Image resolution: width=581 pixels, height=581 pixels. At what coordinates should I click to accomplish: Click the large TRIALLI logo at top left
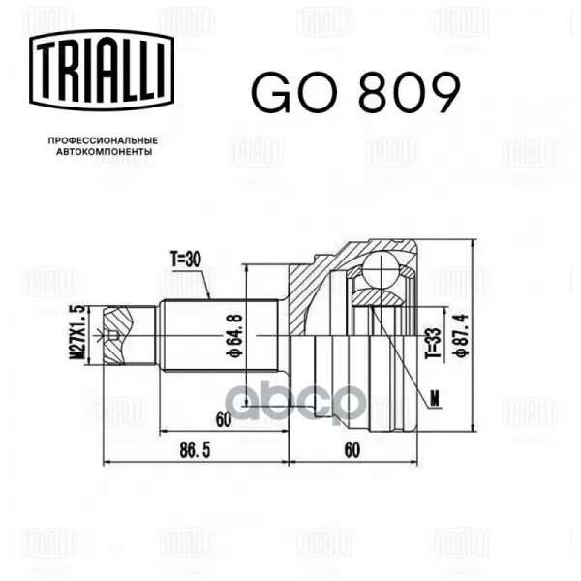click(x=102, y=70)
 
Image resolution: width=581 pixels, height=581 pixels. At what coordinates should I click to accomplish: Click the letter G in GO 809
click(x=271, y=92)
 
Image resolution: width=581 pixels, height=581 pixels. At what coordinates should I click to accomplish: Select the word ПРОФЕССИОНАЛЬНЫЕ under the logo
click(x=103, y=140)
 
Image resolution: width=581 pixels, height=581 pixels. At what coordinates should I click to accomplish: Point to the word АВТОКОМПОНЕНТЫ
click(x=105, y=152)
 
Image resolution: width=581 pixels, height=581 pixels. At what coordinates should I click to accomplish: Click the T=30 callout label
click(x=186, y=260)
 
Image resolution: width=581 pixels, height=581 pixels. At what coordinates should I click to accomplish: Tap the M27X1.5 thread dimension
click(x=77, y=332)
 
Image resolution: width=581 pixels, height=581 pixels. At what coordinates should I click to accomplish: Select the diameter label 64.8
click(x=234, y=335)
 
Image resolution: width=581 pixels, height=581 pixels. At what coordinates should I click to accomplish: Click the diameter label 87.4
click(x=461, y=335)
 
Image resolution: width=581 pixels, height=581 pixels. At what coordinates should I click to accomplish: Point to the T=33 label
click(x=434, y=343)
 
